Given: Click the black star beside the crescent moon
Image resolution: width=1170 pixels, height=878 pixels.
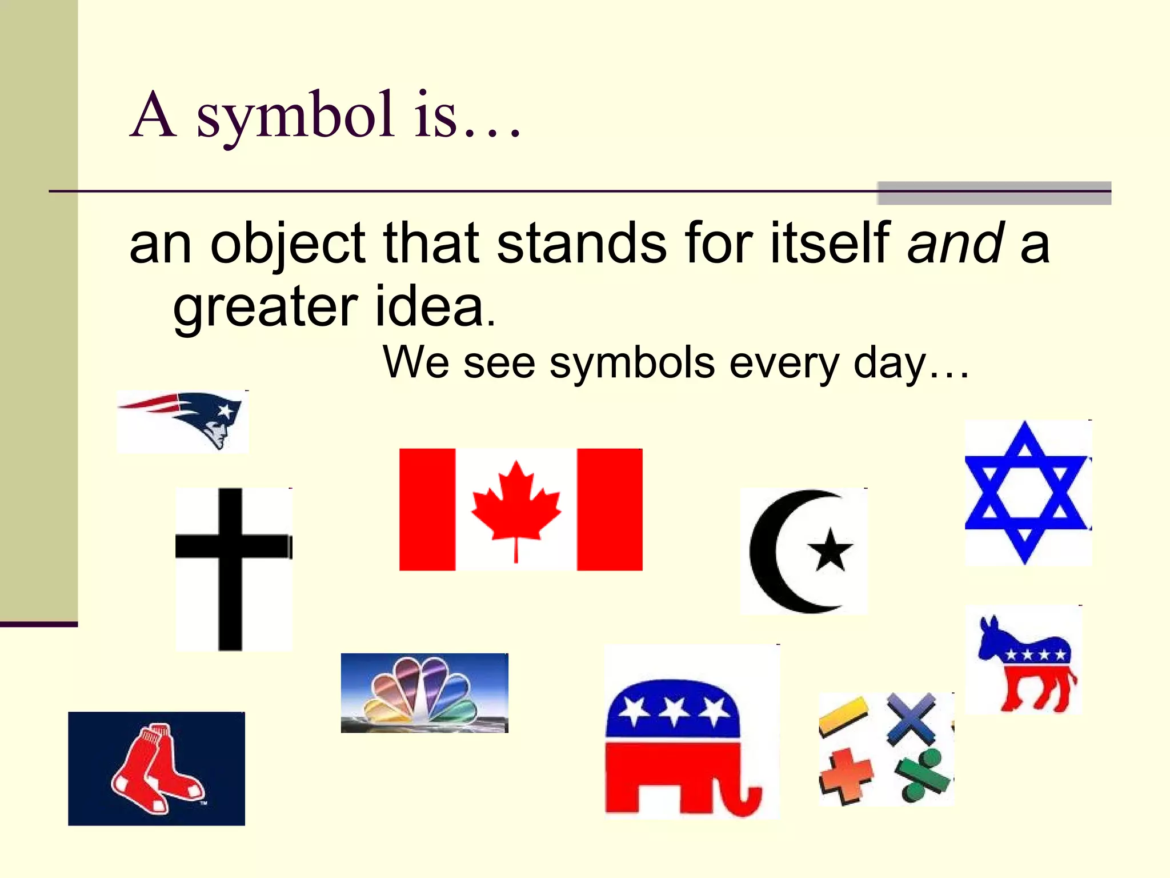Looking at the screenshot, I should coord(830,550).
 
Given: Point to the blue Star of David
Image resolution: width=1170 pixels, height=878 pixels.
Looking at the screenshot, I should coord(1025,493).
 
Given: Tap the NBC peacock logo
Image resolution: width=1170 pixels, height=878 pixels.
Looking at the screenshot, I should coord(424,693).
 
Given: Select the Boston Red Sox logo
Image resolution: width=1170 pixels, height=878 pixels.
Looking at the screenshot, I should coord(156,768).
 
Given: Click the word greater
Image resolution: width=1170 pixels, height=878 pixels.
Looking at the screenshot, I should coord(266,307).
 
